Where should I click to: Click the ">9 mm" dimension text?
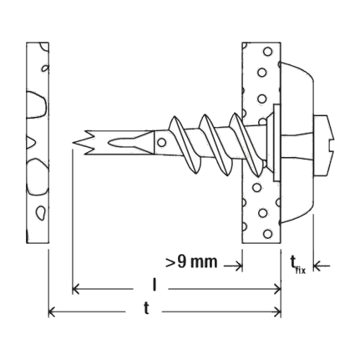pyautogui.click(x=191, y=262)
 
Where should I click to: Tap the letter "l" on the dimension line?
pyautogui.click(x=154, y=285)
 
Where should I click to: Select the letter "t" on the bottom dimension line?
pyautogui.click(x=146, y=308)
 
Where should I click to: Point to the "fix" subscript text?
pyautogui.click(x=301, y=270)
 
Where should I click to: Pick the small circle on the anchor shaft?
pyautogui.click(x=161, y=143)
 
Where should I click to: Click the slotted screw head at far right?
pyautogui.click(x=325, y=145)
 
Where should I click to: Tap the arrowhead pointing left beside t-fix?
pyautogui.click(x=317, y=266)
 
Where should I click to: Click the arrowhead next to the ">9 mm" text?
pyautogui.click(x=239, y=266)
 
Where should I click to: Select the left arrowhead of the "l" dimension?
pyautogui.click(x=76, y=289)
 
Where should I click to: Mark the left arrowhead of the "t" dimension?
pyautogui.click(x=53, y=312)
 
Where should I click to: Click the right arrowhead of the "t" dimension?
pyautogui.click(x=277, y=312)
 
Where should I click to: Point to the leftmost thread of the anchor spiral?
pyautogui.click(x=184, y=145)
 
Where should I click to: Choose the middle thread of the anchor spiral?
pyautogui.click(x=215, y=145)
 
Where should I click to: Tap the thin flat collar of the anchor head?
pyautogui.click(x=276, y=143)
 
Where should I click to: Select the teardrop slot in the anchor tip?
pyautogui.click(x=119, y=143)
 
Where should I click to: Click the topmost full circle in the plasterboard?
pyautogui.click(x=268, y=52)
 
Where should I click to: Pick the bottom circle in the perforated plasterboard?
pyautogui.click(x=268, y=234)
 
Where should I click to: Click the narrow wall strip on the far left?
pyautogui.click(x=38, y=143)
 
